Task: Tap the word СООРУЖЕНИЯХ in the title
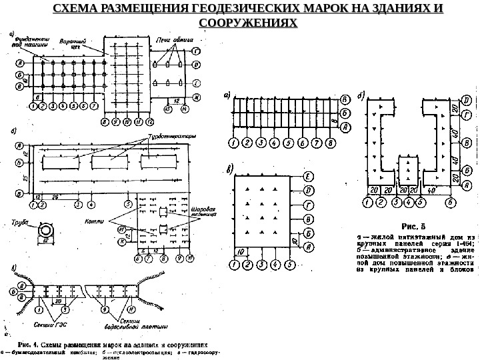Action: pos(247,23)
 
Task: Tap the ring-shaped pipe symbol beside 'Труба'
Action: pos(47,229)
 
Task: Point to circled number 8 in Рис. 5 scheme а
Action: pos(329,143)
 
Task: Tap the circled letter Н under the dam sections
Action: pos(122,311)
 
